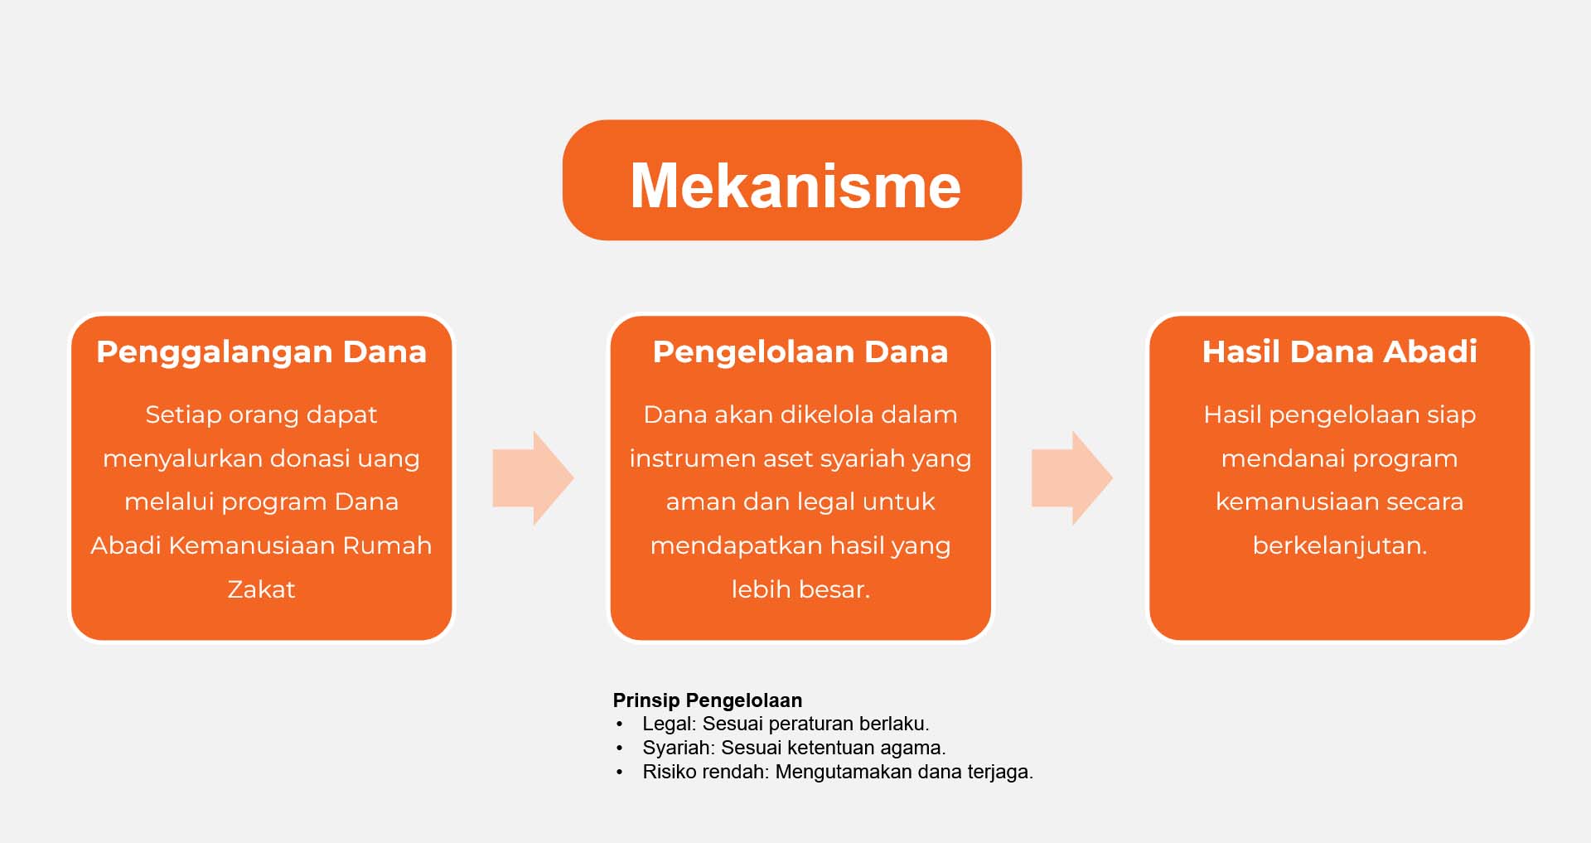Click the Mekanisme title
tap(795, 185)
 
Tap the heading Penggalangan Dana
tap(261, 352)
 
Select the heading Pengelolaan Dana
tap(800, 352)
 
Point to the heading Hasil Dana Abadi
tap(1339, 351)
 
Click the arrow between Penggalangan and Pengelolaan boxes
tap(533, 477)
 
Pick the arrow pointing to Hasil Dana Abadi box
tap(1071, 477)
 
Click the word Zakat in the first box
tap(261, 589)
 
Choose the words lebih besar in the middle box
tap(800, 589)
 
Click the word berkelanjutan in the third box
tap(1337, 545)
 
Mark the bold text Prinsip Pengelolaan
tap(708, 700)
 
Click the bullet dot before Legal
tap(619, 724)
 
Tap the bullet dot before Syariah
tap(619, 749)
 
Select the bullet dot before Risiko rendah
tap(619, 773)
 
